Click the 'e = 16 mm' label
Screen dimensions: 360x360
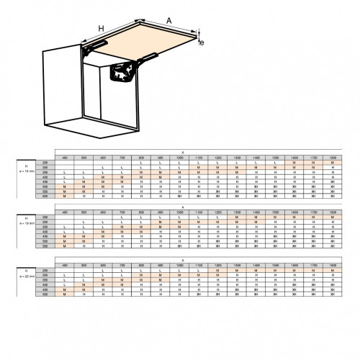[26, 171]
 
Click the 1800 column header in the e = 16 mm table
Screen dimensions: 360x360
[332, 158]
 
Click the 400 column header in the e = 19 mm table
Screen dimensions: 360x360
[65, 212]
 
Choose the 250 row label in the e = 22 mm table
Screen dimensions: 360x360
[45, 269]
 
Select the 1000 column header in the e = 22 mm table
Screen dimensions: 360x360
[179, 264]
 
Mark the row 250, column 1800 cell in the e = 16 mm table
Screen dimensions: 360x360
[332, 163]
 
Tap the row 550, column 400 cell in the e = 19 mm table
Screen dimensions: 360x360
[65, 247]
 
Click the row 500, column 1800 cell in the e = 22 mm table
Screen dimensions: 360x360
[332, 295]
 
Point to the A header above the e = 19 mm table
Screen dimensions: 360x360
[182, 207]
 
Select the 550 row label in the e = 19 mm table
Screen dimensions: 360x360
[45, 247]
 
